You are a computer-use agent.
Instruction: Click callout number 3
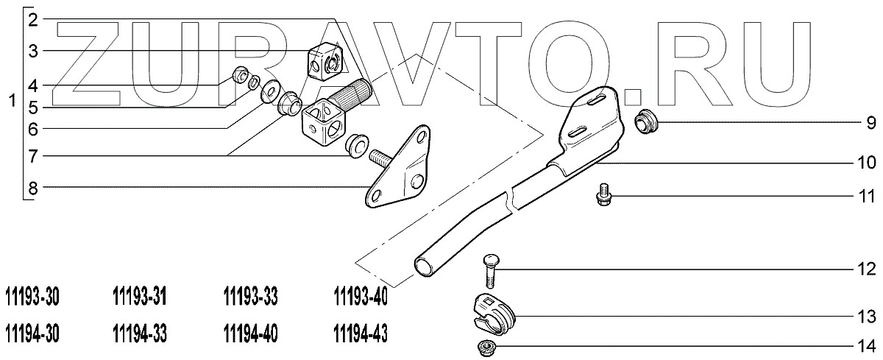(33, 51)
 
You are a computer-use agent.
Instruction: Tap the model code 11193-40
(361, 297)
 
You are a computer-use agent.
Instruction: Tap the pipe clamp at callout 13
(492, 315)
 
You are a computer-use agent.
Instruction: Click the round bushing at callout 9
(646, 122)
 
